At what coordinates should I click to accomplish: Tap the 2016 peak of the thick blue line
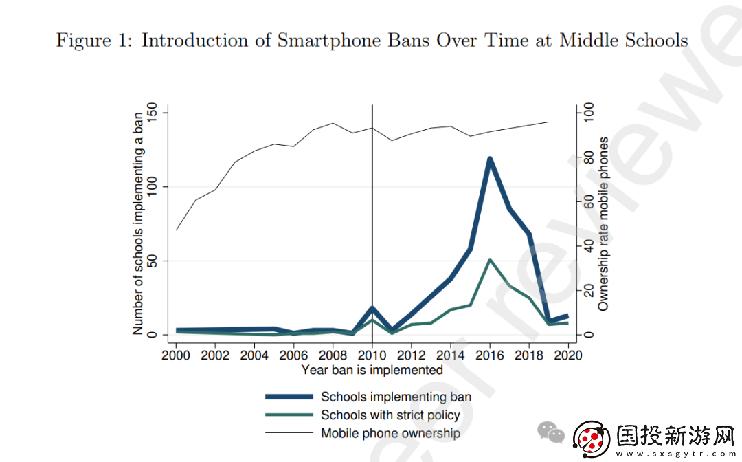tap(490, 159)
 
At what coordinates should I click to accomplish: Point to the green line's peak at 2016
tap(490, 259)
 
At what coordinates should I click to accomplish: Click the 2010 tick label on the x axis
tap(372, 355)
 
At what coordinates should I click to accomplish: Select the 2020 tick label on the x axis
tap(568, 355)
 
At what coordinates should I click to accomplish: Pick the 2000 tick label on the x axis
tap(176, 355)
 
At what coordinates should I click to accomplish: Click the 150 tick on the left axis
tap(152, 113)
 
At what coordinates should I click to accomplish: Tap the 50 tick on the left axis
tap(152, 261)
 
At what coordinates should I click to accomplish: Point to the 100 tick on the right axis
tap(588, 113)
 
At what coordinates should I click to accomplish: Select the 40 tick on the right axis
tap(588, 245)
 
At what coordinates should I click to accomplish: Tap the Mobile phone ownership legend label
tap(390, 433)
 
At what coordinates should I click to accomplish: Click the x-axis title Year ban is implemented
tap(372, 370)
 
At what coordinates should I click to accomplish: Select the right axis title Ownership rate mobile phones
tap(603, 224)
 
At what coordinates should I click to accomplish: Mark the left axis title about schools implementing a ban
tap(137, 223)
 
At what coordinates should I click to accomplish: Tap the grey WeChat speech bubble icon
tap(551, 432)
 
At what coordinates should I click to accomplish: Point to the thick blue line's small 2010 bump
tap(372, 308)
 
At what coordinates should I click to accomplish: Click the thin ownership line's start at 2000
tap(176, 230)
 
